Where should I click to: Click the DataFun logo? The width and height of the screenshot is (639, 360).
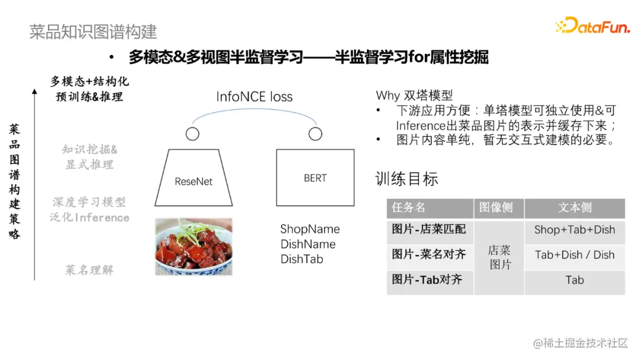(592, 25)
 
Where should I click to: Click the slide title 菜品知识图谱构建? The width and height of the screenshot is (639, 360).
(93, 31)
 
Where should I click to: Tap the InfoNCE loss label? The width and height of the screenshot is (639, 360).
(254, 97)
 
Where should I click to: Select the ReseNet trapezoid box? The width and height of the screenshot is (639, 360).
(193, 178)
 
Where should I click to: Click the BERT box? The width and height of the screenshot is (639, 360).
(315, 178)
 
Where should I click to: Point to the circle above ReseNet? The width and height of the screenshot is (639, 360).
(192, 134)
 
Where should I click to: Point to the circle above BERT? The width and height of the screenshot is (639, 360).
(315, 134)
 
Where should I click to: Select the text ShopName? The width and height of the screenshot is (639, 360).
(310, 229)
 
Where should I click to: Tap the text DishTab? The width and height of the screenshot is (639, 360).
(302, 259)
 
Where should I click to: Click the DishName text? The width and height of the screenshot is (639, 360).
(308, 244)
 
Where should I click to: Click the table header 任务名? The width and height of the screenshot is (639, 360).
(409, 208)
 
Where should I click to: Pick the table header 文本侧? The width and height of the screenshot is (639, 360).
(575, 208)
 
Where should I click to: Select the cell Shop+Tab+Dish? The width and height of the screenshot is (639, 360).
(575, 230)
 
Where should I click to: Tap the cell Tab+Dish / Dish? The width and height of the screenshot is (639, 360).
(575, 255)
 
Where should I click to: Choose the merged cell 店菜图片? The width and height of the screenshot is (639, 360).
(499, 258)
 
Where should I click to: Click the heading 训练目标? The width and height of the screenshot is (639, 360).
(407, 179)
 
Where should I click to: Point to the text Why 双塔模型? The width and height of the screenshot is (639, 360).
(414, 95)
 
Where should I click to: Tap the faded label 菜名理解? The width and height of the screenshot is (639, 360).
(89, 270)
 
